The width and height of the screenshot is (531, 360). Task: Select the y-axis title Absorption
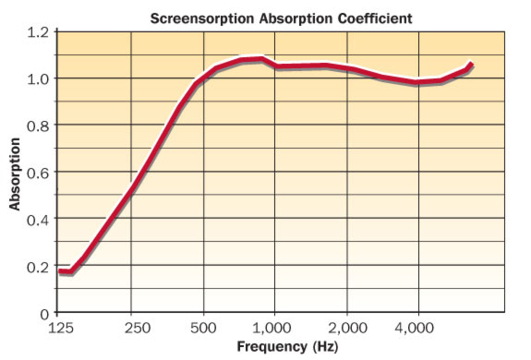tap(16, 174)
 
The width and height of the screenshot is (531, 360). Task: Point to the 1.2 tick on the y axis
tap(38, 32)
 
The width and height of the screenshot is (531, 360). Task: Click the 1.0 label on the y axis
tap(38, 78)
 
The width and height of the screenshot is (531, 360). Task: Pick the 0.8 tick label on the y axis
tap(38, 126)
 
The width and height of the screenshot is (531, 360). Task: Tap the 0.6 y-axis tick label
tap(38, 173)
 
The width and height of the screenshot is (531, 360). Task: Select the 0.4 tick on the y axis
tap(38, 220)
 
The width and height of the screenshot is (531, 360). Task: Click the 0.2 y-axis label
tap(38, 267)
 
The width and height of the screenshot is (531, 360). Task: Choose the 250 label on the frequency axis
tap(137, 328)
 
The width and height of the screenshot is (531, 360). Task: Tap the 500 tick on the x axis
tap(204, 328)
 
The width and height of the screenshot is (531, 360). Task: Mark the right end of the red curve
tap(471, 65)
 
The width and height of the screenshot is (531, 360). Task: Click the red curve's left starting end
tap(60, 271)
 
